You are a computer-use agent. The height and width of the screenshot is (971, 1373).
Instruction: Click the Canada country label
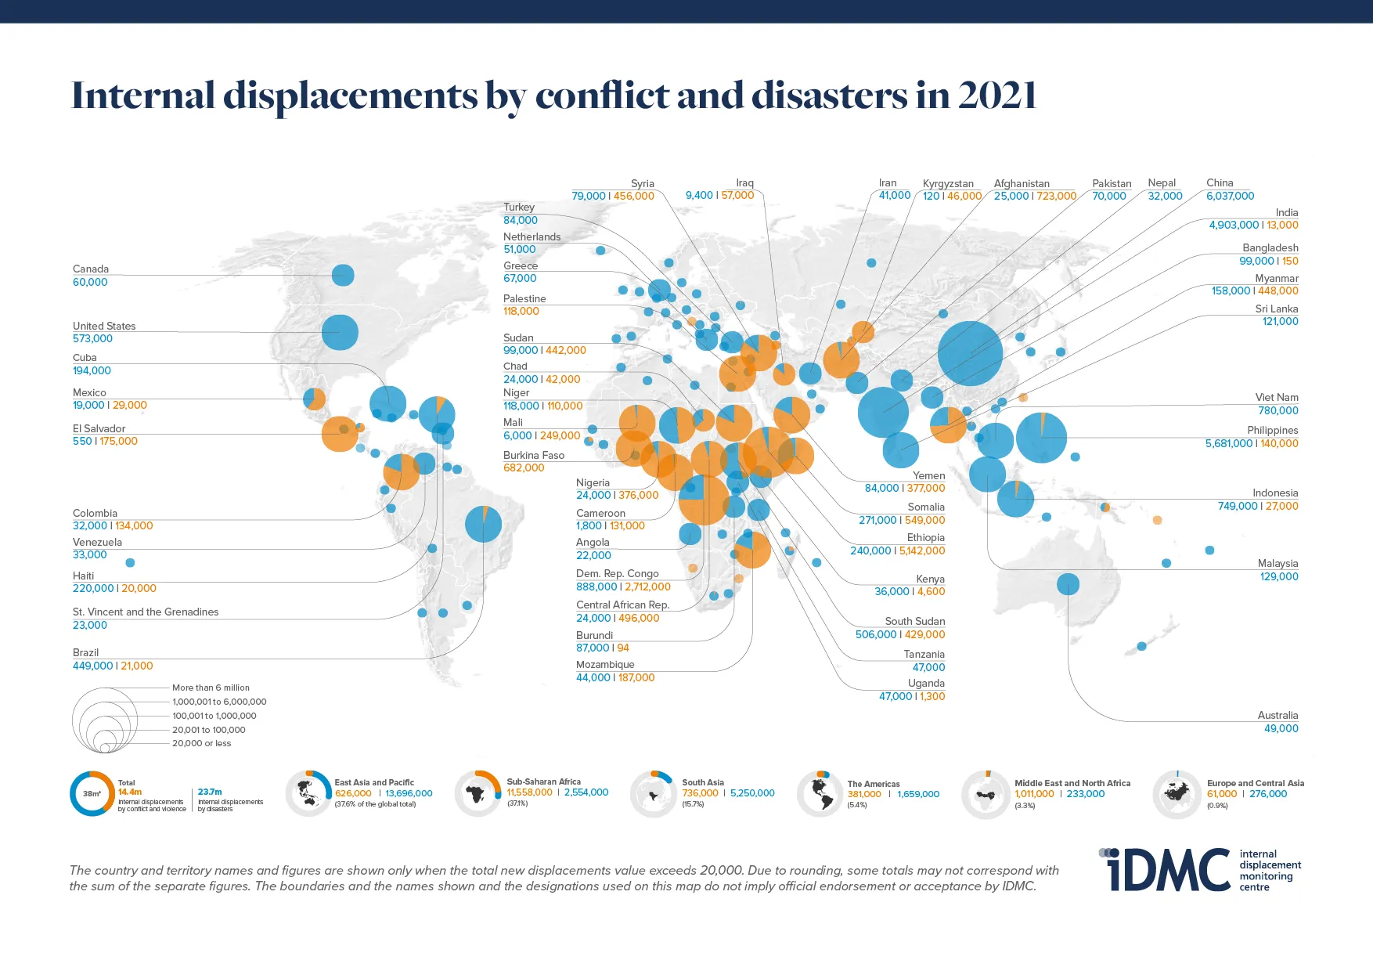91,269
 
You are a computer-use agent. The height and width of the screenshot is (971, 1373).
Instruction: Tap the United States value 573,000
92,339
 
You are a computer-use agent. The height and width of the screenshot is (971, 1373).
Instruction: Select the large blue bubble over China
970,353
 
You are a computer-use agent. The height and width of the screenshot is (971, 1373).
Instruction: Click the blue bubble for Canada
343,275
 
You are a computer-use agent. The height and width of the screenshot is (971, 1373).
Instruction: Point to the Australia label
1278,715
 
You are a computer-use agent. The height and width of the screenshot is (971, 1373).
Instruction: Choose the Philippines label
1272,430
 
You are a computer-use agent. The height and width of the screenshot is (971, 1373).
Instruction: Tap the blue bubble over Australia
1068,584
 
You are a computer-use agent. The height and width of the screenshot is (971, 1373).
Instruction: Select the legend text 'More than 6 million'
211,688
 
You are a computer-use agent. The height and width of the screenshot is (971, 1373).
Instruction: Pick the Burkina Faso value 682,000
524,468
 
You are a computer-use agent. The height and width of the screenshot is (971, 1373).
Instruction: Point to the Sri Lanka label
1276,309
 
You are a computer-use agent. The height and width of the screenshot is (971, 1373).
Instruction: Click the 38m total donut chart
92,793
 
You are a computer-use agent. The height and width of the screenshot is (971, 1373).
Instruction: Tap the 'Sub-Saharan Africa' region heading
543,781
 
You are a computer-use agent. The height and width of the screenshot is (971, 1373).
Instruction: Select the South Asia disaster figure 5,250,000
752,793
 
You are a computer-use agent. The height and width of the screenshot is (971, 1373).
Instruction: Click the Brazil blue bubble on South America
483,524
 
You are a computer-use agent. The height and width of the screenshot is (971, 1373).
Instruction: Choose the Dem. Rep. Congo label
617,573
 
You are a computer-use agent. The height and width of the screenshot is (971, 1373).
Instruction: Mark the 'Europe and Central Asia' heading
1255,782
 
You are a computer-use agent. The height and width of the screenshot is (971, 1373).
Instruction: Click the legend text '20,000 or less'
201,743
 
